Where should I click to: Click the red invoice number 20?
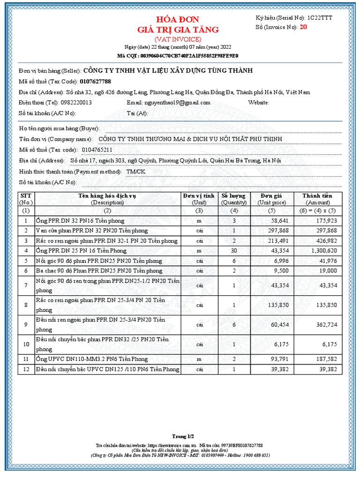(303, 27)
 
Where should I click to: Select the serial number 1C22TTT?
(321, 18)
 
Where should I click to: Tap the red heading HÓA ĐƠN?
(178, 20)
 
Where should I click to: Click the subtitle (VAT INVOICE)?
(178, 39)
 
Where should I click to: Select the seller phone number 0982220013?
(75, 103)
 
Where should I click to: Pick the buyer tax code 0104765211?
(97, 150)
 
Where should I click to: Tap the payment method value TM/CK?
(136, 172)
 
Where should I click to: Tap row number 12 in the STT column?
(26, 370)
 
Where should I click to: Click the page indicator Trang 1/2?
(180, 436)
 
